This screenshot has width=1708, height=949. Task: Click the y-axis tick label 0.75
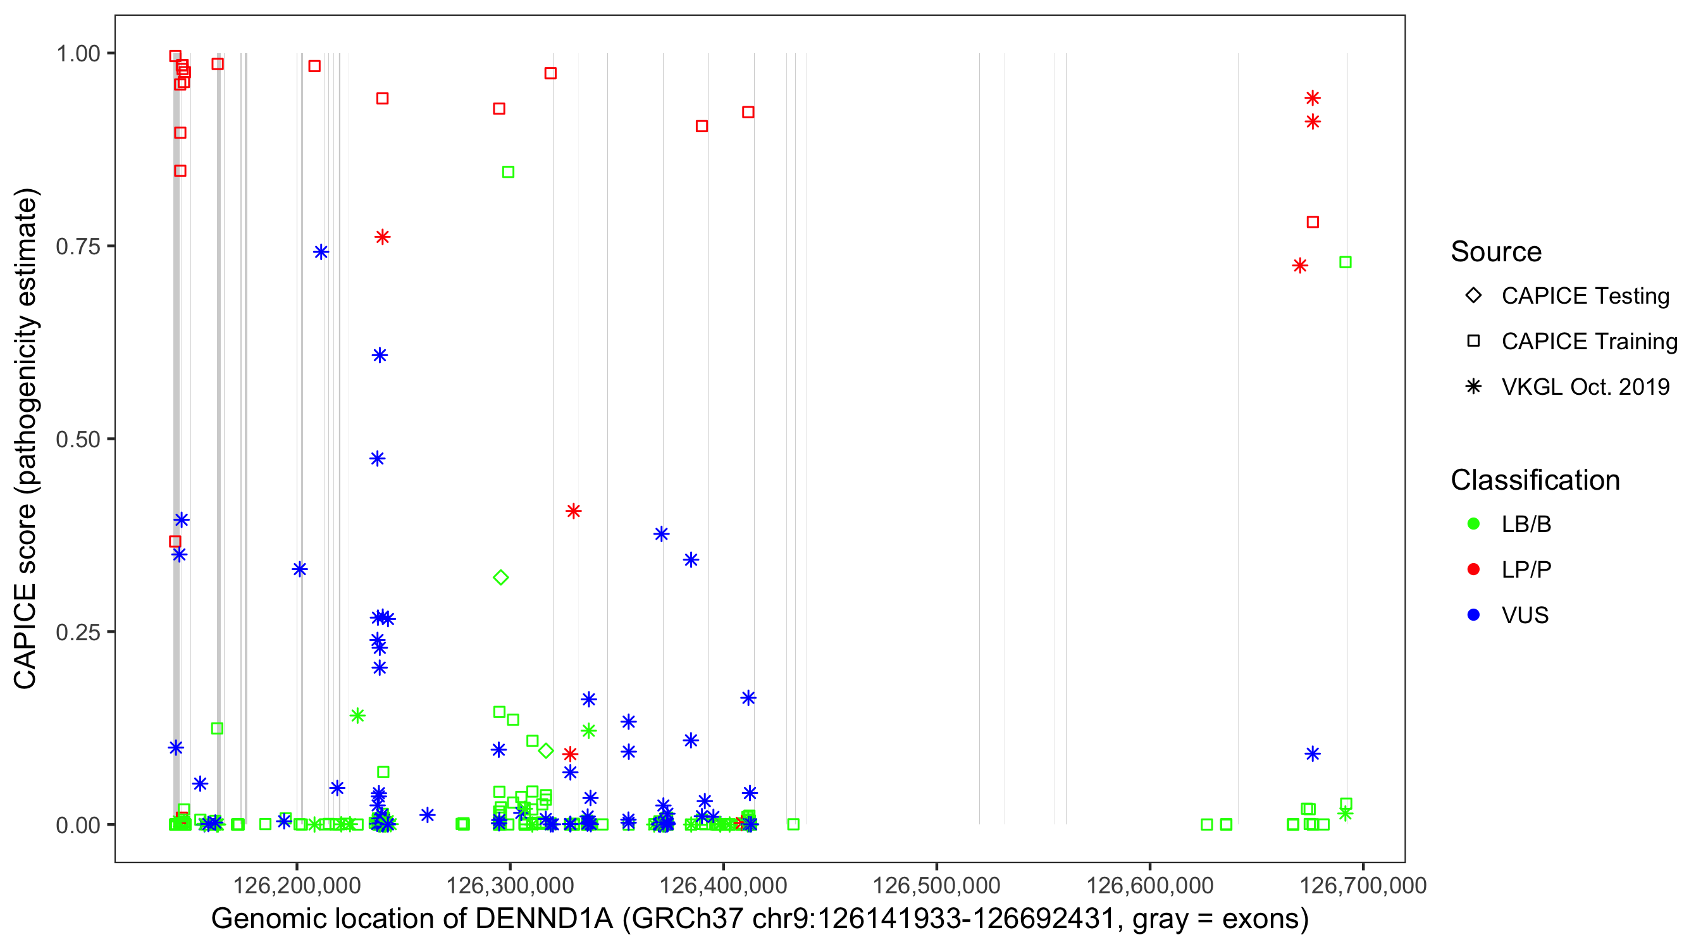point(77,246)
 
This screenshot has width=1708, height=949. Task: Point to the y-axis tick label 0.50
point(77,439)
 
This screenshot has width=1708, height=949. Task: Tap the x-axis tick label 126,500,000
point(936,885)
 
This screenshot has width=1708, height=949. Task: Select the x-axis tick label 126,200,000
point(297,885)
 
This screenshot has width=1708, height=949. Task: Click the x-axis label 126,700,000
point(1363,885)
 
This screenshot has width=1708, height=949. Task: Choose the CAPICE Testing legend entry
point(1585,296)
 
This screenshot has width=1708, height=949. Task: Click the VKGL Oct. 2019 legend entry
point(1585,387)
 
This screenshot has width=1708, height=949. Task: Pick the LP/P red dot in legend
point(1473,569)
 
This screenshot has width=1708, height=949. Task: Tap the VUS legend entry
point(1525,616)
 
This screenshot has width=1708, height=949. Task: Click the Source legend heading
point(1496,252)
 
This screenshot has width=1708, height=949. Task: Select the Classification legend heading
point(1535,480)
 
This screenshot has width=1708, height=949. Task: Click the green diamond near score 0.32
point(500,578)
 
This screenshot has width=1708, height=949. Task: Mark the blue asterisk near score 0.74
point(321,252)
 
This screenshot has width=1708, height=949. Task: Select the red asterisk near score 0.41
point(574,511)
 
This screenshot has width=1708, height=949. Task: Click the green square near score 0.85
point(508,173)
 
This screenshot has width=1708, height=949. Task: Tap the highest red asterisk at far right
point(1312,98)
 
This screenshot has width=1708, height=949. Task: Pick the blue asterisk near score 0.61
point(380,356)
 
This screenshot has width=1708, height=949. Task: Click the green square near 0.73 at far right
point(1346,263)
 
